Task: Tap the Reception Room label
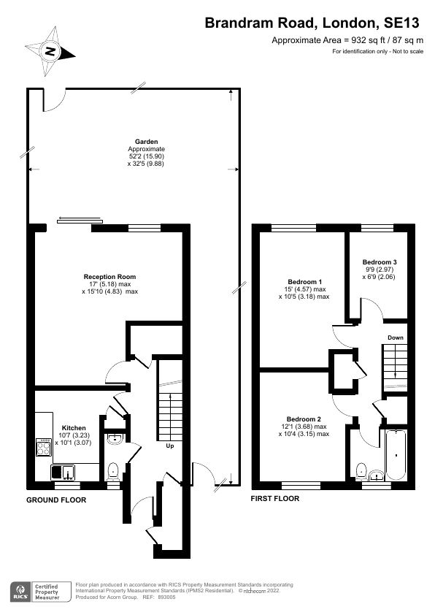[109, 277]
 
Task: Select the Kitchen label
[74, 428]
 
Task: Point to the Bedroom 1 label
[304, 282]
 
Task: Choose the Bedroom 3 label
[380, 261]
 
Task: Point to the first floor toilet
[361, 470]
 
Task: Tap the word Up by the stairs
[169, 445]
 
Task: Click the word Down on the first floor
[395, 337]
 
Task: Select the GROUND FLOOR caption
[56, 500]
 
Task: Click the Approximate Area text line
[347, 40]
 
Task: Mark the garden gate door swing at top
[53, 100]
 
